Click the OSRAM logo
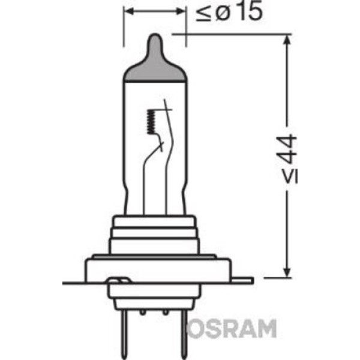pos(231,328)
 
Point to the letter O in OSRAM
pos(195,328)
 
